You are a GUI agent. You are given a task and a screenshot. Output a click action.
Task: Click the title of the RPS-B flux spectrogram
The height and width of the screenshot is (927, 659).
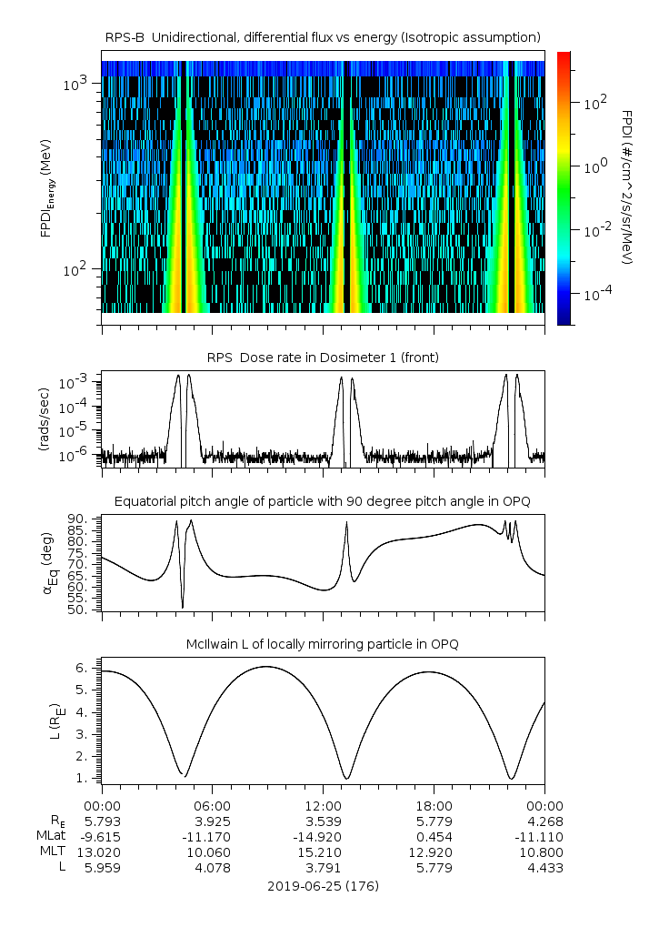coord(323,36)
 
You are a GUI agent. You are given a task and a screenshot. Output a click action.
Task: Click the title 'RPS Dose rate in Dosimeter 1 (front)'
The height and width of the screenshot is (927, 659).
coord(323,358)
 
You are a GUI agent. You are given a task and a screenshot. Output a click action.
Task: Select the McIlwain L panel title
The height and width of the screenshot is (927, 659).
coord(323,644)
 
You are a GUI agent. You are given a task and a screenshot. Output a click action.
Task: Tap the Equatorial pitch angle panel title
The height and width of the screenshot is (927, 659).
coord(323,501)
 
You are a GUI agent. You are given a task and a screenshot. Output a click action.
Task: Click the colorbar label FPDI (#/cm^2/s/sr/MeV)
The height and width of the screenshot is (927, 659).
coord(627,186)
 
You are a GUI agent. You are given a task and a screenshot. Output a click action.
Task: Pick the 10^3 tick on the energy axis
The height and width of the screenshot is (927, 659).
coord(76,85)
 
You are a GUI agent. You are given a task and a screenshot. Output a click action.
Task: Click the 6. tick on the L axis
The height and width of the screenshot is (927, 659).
coord(82,668)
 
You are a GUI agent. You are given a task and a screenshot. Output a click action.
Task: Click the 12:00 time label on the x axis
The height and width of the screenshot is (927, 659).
coord(323,806)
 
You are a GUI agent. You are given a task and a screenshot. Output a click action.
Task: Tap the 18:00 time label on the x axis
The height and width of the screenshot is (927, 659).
coord(434,806)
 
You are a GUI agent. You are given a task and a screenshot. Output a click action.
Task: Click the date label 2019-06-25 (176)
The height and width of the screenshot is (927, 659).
coord(323,886)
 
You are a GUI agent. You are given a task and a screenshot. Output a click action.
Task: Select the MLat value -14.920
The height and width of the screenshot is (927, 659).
coord(323,837)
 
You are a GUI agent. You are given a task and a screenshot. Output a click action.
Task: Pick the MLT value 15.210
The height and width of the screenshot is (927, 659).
coord(323,852)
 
